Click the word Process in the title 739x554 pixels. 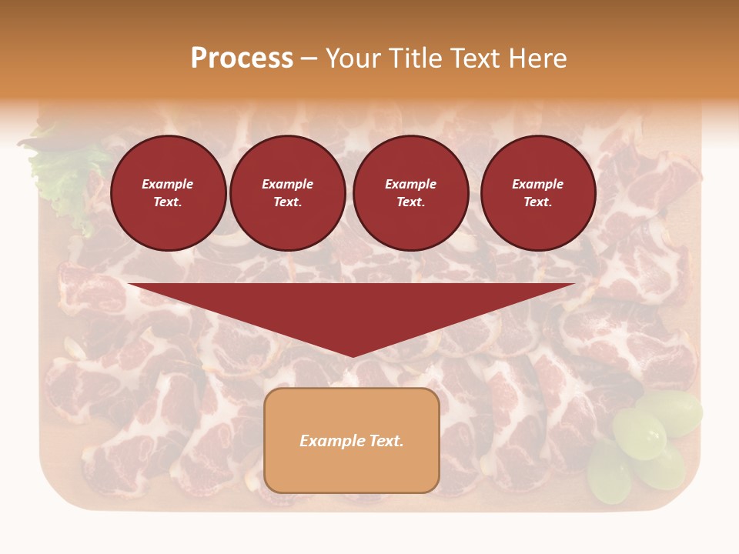[242, 58]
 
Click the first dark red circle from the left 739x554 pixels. [168, 193]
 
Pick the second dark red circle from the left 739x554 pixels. [287, 193]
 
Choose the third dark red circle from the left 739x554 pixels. [410, 193]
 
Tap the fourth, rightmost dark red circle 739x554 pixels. [537, 193]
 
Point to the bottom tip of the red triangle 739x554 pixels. [353, 356]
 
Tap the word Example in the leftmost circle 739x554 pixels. [168, 184]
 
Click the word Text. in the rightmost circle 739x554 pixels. [537, 202]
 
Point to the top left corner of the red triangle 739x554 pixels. [129, 284]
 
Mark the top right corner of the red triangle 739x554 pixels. [574, 284]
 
